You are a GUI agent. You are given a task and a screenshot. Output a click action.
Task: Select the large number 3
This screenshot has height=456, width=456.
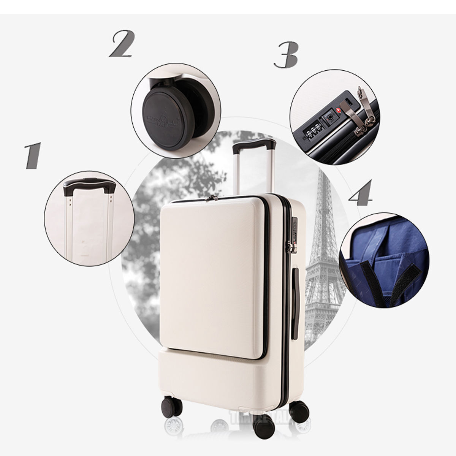(x=286, y=55)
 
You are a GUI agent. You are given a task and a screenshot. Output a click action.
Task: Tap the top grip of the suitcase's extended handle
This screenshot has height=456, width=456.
(x=254, y=144)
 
